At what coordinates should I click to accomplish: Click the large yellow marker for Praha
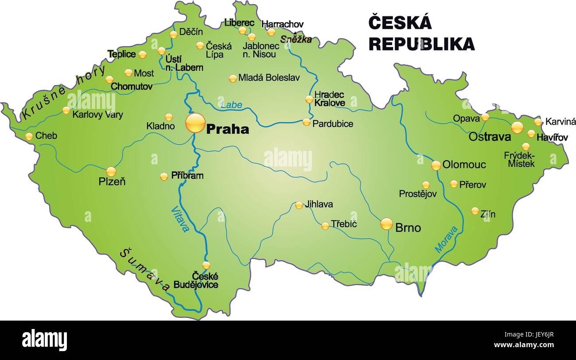pyautogui.click(x=195, y=123)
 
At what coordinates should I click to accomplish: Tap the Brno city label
pyautogui.click(x=408, y=228)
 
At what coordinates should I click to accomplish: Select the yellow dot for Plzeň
pyautogui.click(x=111, y=171)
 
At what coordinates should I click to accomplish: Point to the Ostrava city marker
pyautogui.click(x=517, y=128)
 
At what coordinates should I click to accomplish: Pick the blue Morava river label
pyautogui.click(x=446, y=240)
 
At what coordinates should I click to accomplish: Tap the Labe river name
pyautogui.click(x=231, y=105)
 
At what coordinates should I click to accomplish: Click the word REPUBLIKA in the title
pyautogui.click(x=421, y=44)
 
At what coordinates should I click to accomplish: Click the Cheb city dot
pyautogui.click(x=29, y=136)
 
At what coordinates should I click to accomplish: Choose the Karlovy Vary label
pyautogui.click(x=97, y=115)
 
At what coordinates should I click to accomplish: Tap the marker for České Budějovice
pyautogui.click(x=206, y=265)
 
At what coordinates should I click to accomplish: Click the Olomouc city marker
pyautogui.click(x=436, y=165)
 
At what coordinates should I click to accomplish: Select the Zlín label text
pyautogui.click(x=488, y=214)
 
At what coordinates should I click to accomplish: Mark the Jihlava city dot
pyautogui.click(x=299, y=205)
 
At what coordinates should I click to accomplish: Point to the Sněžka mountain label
pyautogui.click(x=296, y=39)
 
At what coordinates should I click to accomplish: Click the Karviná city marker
pyautogui.click(x=538, y=122)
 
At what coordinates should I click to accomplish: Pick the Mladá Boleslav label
pyautogui.click(x=269, y=78)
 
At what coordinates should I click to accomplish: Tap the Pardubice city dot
pyautogui.click(x=307, y=122)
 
